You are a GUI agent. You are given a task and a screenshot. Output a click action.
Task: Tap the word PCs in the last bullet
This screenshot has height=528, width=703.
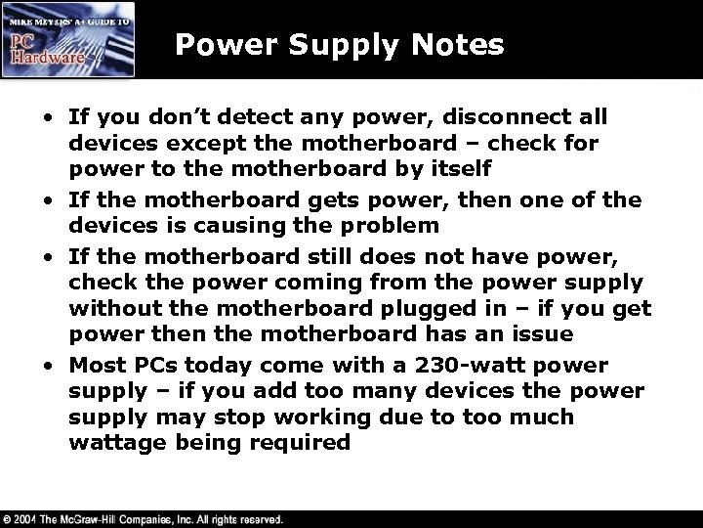143,366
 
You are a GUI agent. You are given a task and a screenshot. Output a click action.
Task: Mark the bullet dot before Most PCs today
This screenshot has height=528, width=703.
47,367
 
